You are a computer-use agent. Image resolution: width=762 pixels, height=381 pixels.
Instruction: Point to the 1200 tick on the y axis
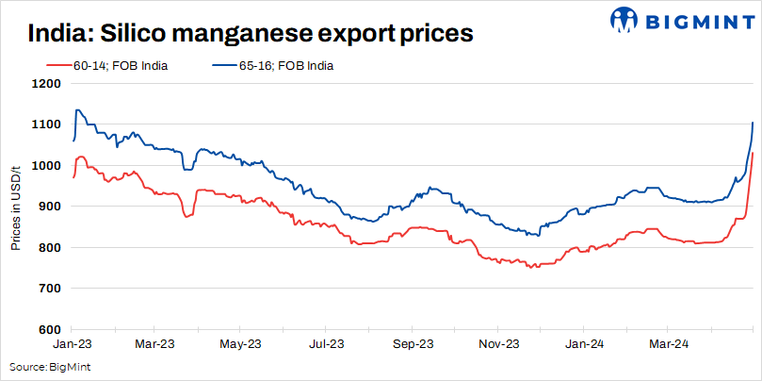pyautogui.click(x=47, y=83)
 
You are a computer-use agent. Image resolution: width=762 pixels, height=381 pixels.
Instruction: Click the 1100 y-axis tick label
pyautogui.click(x=47, y=124)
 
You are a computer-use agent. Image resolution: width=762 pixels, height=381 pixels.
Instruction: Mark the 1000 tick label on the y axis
pyautogui.click(x=47, y=165)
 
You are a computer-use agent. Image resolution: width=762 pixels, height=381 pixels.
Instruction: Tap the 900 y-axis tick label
pyautogui.click(x=50, y=207)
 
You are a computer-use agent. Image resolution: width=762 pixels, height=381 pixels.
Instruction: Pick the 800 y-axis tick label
pyautogui.click(x=50, y=247)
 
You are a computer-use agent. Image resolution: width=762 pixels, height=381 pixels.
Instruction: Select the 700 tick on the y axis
pyautogui.click(x=50, y=289)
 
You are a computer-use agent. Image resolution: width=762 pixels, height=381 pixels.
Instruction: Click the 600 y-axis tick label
pyautogui.click(x=50, y=329)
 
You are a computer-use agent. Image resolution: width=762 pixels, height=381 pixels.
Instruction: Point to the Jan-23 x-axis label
pyautogui.click(x=72, y=344)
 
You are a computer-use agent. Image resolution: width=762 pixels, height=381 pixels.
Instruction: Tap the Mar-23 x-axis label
pyautogui.click(x=156, y=344)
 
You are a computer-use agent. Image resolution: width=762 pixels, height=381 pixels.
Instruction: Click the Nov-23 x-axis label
pyautogui.click(x=498, y=344)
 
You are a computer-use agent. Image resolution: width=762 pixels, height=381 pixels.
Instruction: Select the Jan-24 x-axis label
pyautogui.click(x=584, y=344)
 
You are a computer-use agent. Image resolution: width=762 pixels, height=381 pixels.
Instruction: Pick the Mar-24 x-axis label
pyautogui.click(x=670, y=344)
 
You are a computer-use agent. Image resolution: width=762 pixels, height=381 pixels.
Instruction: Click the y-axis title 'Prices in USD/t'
pyautogui.click(x=16, y=207)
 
